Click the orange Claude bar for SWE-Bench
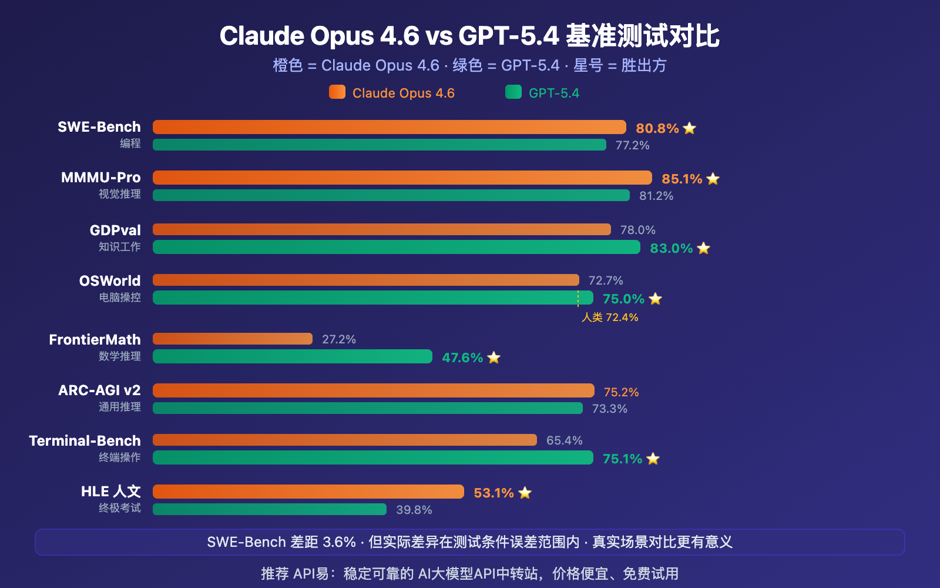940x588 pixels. click(389, 127)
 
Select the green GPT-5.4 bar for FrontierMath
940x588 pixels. click(292, 356)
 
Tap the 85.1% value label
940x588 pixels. click(681, 179)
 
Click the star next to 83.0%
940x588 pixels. click(704, 248)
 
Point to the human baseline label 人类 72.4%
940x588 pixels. click(610, 318)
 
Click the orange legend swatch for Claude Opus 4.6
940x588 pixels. click(337, 92)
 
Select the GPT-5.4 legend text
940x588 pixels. click(553, 93)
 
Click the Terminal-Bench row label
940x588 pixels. click(85, 440)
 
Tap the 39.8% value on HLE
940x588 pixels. click(414, 510)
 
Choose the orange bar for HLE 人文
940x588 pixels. click(308, 492)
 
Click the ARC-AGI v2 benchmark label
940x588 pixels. click(99, 390)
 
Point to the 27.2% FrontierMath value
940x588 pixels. click(339, 339)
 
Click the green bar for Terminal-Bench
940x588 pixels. click(372, 457)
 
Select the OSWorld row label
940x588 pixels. click(110, 280)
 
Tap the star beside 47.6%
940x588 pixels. click(493, 358)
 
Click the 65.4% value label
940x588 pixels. click(564, 440)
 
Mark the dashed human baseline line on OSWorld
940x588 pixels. click(578, 298)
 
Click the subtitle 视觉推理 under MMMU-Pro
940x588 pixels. click(120, 194)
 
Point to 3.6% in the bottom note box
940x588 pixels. click(339, 542)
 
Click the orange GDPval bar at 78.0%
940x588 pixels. click(381, 229)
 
